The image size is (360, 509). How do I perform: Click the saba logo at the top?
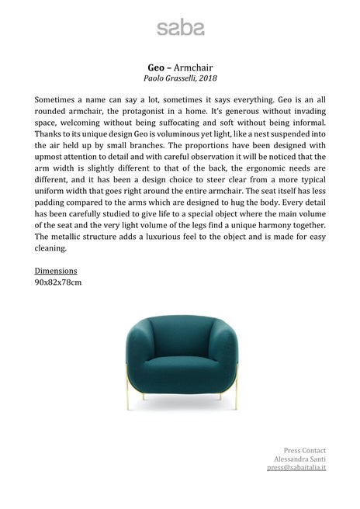coord(180,28)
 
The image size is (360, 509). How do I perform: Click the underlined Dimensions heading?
coord(56,271)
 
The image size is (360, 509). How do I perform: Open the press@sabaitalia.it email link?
coord(296,469)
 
